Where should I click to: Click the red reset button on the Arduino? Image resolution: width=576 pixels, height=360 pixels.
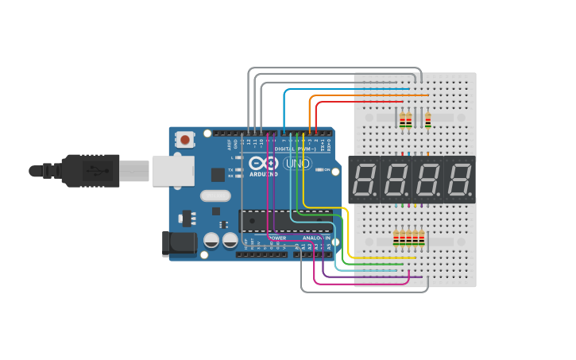[185, 140]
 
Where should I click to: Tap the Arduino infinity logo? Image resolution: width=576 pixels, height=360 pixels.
[265, 164]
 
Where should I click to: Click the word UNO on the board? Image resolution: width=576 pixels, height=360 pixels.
[298, 164]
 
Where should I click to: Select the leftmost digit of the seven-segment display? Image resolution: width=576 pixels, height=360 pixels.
[364, 180]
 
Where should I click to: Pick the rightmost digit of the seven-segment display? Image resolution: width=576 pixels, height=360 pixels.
[458, 180]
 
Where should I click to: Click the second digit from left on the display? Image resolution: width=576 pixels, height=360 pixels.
[396, 180]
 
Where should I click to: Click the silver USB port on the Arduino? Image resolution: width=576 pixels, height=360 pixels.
[172, 170]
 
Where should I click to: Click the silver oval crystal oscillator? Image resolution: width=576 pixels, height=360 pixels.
[215, 195]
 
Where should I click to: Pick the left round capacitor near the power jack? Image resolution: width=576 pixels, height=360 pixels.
[211, 239]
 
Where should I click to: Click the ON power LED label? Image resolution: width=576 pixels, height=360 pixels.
[325, 169]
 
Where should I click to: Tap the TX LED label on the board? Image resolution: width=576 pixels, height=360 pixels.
[230, 169]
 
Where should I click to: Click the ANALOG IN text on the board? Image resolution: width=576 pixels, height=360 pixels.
[315, 238]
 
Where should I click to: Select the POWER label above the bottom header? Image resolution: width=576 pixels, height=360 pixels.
[277, 238]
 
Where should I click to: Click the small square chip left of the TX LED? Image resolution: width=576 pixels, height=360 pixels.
[218, 175]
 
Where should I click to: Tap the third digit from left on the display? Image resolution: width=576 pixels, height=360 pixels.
[427, 180]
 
